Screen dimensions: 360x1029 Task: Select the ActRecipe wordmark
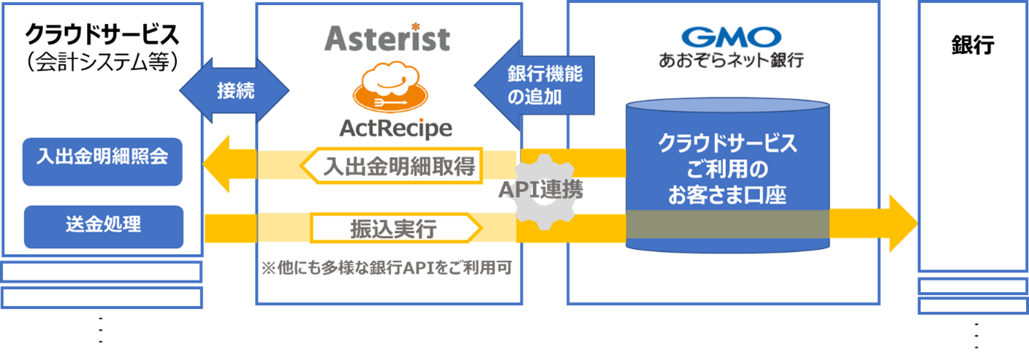point(395,129)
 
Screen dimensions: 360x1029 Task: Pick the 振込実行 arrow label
point(395,229)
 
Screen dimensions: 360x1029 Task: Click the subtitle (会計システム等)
point(102,61)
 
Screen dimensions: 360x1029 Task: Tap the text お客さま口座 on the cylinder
point(727,196)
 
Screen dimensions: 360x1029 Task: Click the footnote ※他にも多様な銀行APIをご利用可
point(387,268)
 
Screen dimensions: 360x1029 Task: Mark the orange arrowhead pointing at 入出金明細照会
point(217,163)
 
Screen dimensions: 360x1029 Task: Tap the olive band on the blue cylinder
point(727,225)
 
